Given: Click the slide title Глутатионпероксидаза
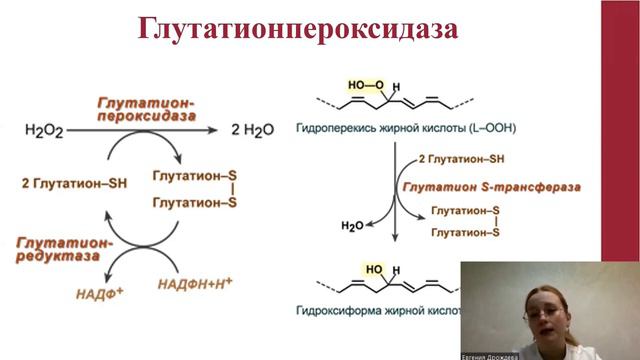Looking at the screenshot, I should pos(297,30).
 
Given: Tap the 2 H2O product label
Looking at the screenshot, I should pos(257,130).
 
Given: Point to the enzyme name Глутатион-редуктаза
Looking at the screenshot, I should pos(63,249).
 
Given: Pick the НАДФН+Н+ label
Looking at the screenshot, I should pos(195,284).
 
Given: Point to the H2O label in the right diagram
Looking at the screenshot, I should pos(352,227).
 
